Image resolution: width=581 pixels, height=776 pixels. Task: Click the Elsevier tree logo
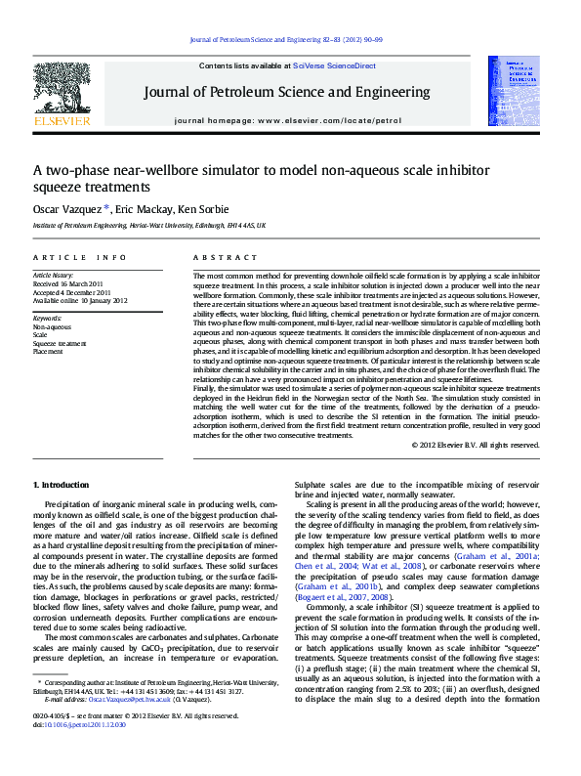62,89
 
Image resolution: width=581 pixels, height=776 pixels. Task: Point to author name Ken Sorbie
203,209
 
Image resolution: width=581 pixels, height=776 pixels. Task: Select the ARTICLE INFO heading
80,257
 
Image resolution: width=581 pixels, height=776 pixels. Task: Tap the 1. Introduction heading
62,485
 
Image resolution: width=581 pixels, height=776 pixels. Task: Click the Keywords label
48,319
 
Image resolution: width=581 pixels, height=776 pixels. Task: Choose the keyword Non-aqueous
53,327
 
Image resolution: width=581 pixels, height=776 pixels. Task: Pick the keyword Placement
48,352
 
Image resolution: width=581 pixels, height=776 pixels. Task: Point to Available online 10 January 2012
80,301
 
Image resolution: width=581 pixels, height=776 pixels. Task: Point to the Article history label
54,277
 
